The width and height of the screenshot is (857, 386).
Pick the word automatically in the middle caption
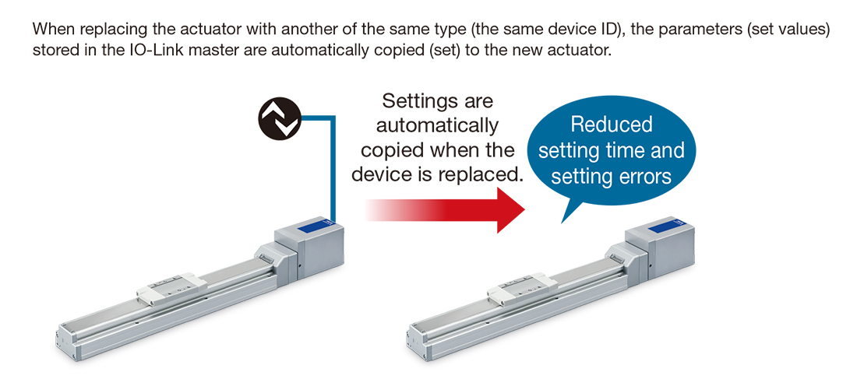click(437, 125)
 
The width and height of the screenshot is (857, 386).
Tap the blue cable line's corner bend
click(333, 118)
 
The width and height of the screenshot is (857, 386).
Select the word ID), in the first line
click(617, 31)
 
